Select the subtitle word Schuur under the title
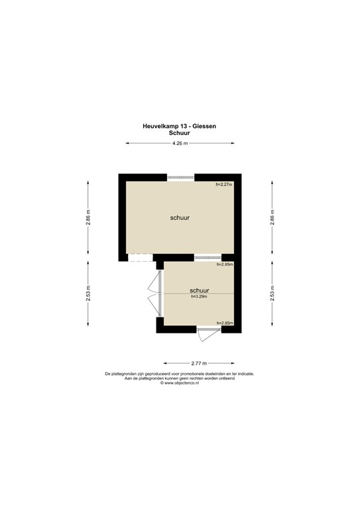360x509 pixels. point(180,133)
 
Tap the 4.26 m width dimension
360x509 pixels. point(180,143)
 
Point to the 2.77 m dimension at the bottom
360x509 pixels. point(198,363)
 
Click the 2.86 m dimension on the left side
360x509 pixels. point(88,217)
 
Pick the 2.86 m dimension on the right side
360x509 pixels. point(272,217)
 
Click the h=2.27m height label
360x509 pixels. point(224,184)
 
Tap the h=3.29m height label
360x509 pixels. point(199,296)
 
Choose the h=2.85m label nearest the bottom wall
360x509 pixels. point(225,323)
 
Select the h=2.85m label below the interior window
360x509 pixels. point(225,264)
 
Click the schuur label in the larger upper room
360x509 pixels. point(180,217)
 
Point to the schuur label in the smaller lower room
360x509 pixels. point(199,290)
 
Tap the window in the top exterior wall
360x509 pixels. point(180,176)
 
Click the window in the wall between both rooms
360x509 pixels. point(208,257)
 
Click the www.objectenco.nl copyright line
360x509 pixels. point(180,382)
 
